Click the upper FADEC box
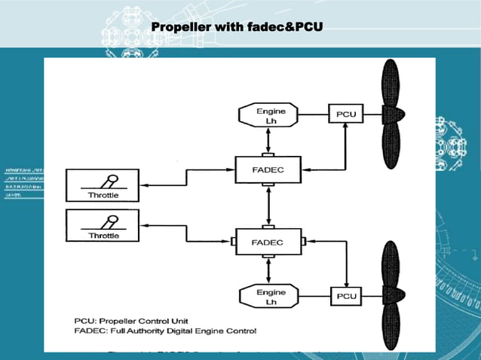tap(268, 169)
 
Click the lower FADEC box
tap(268, 243)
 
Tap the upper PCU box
tap(346, 114)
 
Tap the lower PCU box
tap(346, 296)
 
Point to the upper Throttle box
tap(103, 185)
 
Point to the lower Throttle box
tap(103, 226)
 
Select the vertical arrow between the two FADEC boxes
tap(268, 206)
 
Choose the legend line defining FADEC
tap(166, 331)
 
